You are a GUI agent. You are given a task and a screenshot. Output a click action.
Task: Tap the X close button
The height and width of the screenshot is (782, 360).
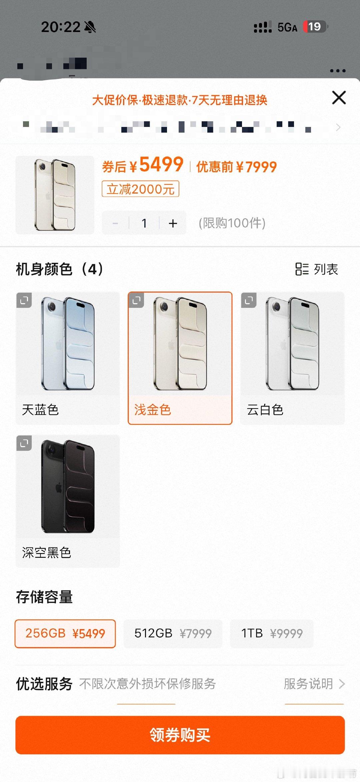click(339, 98)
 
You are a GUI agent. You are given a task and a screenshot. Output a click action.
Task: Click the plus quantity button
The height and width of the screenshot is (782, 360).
click(173, 223)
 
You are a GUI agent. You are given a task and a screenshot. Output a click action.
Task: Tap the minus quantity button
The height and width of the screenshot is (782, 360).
click(115, 223)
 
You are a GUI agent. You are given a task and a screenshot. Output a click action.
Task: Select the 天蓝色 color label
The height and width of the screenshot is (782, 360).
click(40, 409)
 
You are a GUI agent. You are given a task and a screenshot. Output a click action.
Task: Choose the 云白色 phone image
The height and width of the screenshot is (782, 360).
click(292, 344)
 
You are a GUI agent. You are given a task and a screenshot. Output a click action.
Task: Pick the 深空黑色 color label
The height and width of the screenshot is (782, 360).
click(47, 552)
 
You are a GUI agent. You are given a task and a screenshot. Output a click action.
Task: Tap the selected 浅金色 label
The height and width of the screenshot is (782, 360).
click(153, 409)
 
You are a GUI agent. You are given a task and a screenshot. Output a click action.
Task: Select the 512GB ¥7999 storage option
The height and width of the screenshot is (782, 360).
click(173, 633)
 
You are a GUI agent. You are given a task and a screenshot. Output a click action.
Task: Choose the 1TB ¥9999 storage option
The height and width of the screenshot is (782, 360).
click(272, 633)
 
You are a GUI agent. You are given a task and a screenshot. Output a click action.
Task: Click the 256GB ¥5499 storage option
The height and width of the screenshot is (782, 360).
click(65, 633)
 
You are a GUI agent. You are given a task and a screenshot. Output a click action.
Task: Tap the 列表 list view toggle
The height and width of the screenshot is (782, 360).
click(317, 269)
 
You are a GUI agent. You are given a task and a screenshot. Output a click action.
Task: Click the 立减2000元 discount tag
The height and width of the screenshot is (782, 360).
click(140, 189)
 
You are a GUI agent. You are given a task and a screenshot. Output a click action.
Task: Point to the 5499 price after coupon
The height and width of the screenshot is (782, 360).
click(161, 165)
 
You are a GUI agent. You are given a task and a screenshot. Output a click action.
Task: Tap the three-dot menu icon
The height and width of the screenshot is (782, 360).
click(338, 71)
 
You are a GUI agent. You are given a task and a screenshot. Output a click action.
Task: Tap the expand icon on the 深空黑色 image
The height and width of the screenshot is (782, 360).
click(24, 443)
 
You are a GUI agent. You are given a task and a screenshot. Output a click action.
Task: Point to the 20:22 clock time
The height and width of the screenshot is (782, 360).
click(61, 27)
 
